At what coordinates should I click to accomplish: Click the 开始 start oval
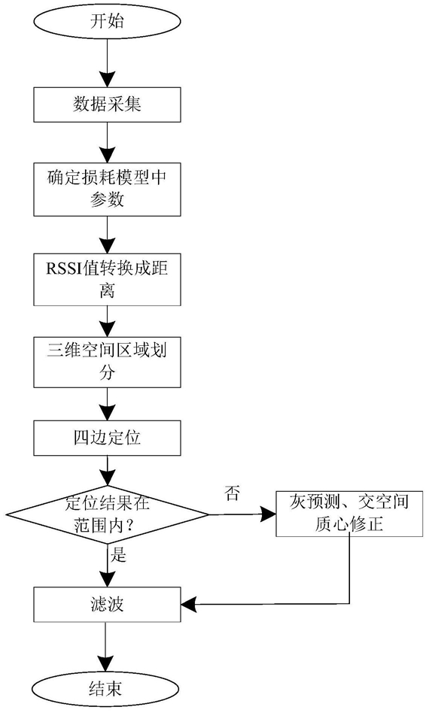tap(107, 22)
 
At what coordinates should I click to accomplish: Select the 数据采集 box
tap(107, 104)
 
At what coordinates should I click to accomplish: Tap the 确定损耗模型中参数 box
tap(107, 190)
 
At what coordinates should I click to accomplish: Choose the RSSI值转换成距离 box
tap(107, 279)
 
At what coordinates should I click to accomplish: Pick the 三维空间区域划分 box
tap(107, 362)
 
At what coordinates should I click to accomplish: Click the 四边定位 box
tap(107, 438)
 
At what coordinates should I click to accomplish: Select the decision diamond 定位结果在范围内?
tap(107, 514)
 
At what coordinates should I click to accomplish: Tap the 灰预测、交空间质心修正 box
tap(349, 514)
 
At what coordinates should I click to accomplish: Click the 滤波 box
tap(107, 605)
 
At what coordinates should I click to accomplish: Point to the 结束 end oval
tap(107, 689)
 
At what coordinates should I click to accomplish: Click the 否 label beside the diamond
tap(232, 493)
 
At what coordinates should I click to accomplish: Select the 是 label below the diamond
tap(118, 555)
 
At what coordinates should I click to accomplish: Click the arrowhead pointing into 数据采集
tap(107, 79)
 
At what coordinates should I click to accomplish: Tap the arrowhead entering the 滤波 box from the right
tap(189, 605)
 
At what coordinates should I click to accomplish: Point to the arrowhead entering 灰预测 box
tap(269, 514)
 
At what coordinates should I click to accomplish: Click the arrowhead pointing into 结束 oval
tap(107, 663)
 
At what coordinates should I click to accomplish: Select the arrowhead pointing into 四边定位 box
tap(107, 412)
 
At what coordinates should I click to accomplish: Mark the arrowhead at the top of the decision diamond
tap(107, 478)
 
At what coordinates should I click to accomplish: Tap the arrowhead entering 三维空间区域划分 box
tap(107, 329)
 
